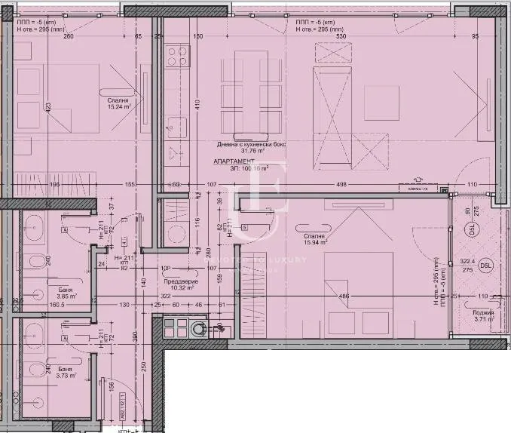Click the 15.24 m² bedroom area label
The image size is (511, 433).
[118, 106]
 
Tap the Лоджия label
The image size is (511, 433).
[483, 312]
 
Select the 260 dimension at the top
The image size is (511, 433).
[69, 35]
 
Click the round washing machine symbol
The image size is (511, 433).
[199, 327]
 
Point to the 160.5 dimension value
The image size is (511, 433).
[36, 305]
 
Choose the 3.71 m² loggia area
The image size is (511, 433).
[484, 319]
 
